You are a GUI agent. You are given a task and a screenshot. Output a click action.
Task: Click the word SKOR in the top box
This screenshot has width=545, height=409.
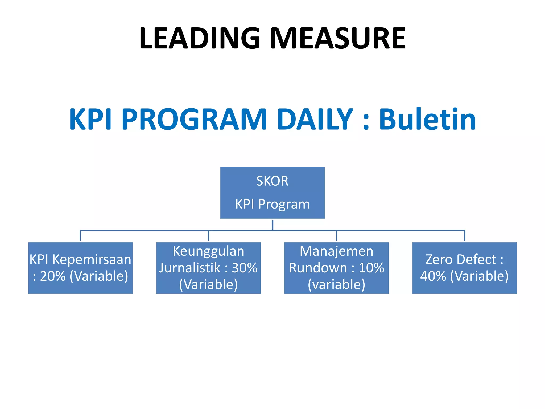pyautogui.click(x=272, y=181)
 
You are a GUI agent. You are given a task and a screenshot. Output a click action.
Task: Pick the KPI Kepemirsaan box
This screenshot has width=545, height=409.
pyautogui.click(x=80, y=268)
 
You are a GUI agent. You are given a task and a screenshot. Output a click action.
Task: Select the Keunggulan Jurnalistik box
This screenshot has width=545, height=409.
pyautogui.click(x=208, y=268)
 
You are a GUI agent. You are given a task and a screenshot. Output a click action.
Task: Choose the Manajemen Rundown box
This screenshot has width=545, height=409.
pyautogui.click(x=336, y=268)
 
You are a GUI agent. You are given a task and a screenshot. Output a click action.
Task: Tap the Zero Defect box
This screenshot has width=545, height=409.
pyautogui.click(x=464, y=268)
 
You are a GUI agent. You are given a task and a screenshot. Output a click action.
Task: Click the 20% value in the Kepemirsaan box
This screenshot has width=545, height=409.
pyautogui.click(x=53, y=276)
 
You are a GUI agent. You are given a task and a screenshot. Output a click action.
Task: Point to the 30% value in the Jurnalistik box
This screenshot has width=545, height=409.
pyautogui.click(x=245, y=268)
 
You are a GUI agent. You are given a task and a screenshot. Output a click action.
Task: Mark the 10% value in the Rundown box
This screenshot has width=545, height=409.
pyautogui.click(x=371, y=268)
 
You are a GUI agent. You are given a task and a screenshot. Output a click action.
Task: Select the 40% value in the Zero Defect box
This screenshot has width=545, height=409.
pyautogui.click(x=433, y=276)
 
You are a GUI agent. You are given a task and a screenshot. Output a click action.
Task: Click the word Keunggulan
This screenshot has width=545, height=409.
pyautogui.click(x=208, y=251)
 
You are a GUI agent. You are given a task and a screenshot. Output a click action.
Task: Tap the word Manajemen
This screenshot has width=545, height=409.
pyautogui.click(x=336, y=251)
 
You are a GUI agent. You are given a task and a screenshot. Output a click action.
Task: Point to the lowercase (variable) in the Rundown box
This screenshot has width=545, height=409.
pyautogui.click(x=336, y=284)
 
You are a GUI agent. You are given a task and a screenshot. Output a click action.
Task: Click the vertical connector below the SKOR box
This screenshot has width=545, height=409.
pyautogui.click(x=272, y=225)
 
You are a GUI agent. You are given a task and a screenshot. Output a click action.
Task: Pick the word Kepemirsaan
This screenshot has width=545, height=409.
pyautogui.click(x=92, y=260)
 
